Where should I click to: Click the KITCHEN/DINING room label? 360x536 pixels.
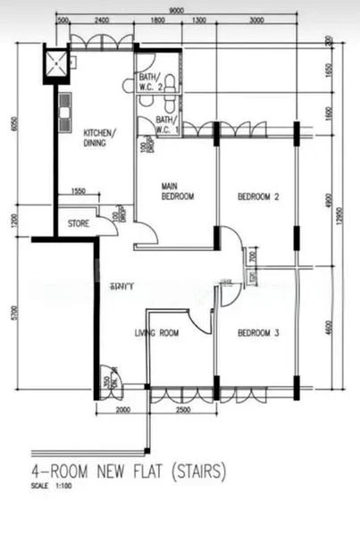[x=99, y=137]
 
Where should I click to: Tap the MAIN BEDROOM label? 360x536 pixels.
[x=177, y=191]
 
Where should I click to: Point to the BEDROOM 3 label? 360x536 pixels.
[x=259, y=333]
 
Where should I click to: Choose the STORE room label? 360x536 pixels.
[x=78, y=223]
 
